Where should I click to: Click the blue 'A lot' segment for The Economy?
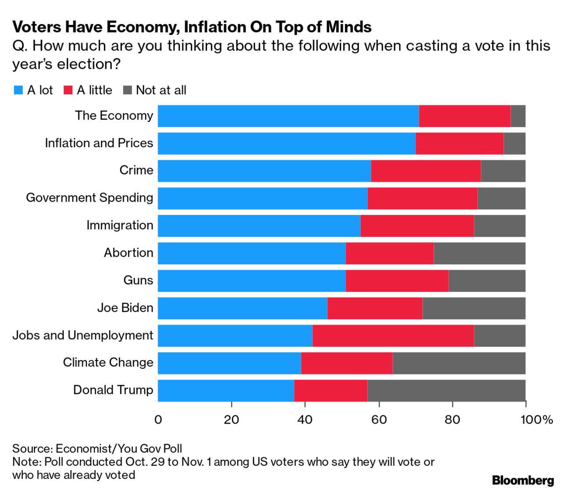(x=288, y=116)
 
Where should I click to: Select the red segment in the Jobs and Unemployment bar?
(x=393, y=336)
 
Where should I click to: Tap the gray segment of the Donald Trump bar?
(x=446, y=391)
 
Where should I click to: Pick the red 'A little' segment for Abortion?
(x=389, y=253)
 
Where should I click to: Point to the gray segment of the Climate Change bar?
(x=459, y=363)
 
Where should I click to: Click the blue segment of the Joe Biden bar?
(x=242, y=308)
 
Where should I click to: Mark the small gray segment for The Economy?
(x=518, y=116)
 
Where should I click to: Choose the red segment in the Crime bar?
(x=426, y=171)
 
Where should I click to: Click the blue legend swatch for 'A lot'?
(x=18, y=90)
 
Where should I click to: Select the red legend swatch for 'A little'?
(x=68, y=90)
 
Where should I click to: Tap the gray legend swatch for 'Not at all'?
(x=127, y=90)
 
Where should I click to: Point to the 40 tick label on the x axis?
(x=305, y=420)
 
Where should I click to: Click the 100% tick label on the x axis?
(x=536, y=420)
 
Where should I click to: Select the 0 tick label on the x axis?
(x=158, y=420)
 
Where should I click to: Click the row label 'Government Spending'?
(x=89, y=198)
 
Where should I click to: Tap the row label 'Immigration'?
(x=120, y=225)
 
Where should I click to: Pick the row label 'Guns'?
(x=138, y=280)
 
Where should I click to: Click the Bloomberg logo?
(x=523, y=481)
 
